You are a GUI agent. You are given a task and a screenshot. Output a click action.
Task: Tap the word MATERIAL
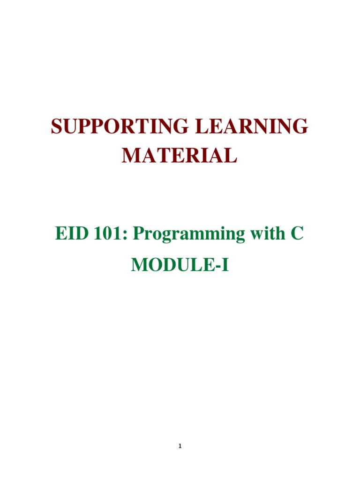pyautogui.click(x=180, y=155)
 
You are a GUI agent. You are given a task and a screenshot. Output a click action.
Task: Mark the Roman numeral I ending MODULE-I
pyautogui.click(x=226, y=265)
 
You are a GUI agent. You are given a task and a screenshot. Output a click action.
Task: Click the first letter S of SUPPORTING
pyautogui.click(x=57, y=127)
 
